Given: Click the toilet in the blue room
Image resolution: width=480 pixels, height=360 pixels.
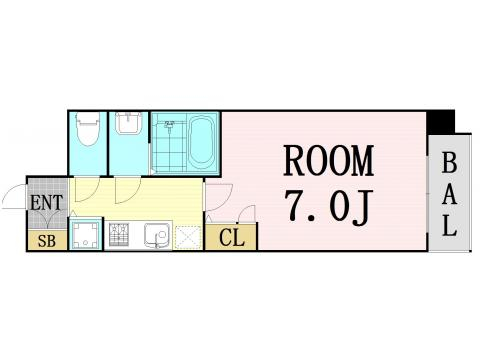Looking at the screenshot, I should tap(88, 130).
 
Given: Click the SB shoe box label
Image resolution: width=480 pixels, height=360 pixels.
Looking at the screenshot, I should tap(46, 239).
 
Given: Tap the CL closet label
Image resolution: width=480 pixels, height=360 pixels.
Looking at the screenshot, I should tap(231, 238).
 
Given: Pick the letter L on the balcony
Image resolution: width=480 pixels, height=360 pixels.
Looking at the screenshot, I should tap(449, 226).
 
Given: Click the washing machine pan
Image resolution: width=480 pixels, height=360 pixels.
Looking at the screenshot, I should tap(85, 236).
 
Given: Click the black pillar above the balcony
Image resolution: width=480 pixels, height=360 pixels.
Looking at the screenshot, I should tap(440, 121).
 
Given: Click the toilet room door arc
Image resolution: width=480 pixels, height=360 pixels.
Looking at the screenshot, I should tap(88, 188).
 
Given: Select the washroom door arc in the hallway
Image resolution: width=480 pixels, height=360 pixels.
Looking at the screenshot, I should tap(128, 188).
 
